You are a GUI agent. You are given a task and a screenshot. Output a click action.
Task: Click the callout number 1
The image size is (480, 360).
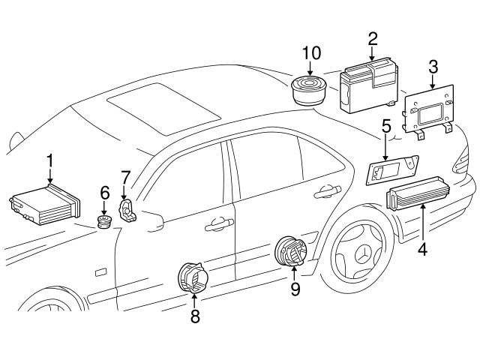point(49,160)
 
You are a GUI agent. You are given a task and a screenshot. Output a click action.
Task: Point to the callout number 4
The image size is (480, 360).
point(422,249)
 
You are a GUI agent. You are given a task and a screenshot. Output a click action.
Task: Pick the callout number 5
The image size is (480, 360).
point(386,127)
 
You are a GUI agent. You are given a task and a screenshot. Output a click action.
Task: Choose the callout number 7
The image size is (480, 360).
point(126,178)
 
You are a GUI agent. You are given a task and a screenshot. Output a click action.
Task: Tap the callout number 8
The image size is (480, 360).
point(195,316)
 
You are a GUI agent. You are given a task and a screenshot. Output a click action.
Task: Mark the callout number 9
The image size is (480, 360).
point(295,289)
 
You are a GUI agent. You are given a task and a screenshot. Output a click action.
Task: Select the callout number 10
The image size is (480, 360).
point(310,53)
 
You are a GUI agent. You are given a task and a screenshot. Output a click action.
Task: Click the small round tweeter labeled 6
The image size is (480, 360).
point(106,221)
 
